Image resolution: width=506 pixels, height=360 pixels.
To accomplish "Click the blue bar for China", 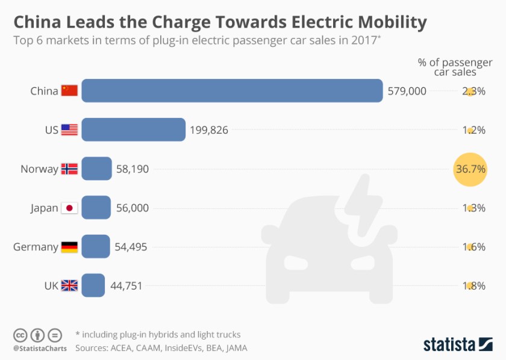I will coord(232,91).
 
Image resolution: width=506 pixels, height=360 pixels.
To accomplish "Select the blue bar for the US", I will coord(133,129).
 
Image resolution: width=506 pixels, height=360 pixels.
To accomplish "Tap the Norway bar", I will coord(96,169).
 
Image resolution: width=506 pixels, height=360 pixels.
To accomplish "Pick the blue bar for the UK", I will coord(93,285).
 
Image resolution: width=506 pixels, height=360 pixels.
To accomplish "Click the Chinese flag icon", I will coord(69,91).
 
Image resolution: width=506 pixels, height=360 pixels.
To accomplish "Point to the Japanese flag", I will coord(69,208).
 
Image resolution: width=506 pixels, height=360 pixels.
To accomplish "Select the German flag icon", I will coord(69,247).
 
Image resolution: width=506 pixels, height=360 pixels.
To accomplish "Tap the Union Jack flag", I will coord(69,285).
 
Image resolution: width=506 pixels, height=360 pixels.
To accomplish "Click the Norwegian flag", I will coord(69,169).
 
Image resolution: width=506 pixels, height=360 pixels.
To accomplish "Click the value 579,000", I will coord(407,91).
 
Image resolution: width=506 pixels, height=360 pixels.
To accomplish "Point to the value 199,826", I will coord(209,129).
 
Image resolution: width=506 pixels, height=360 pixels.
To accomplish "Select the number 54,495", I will coord(131,247).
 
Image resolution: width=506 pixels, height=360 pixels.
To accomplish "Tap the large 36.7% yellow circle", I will coord(470,169).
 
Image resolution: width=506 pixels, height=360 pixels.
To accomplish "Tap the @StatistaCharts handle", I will coord(37,348).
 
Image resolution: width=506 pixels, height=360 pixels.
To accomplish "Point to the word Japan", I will coord(44,208).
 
